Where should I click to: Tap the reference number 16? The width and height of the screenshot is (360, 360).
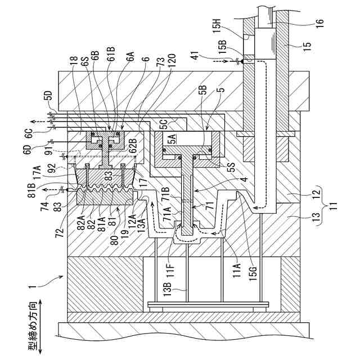pyautogui.click(x=319, y=23)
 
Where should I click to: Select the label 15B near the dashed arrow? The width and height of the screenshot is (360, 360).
pyautogui.click(x=222, y=47)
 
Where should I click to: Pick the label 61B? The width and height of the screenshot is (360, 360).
pyautogui.click(x=111, y=54)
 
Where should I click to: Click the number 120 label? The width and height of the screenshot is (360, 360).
pyautogui.click(x=172, y=61)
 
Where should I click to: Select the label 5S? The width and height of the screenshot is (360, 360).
pyautogui.click(x=232, y=167)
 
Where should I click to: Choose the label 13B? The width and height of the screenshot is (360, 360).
pyautogui.click(x=168, y=289)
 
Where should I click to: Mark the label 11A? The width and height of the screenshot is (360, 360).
pyautogui.click(x=237, y=270)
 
